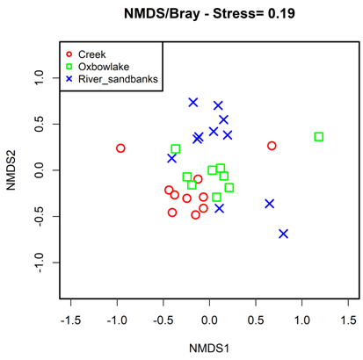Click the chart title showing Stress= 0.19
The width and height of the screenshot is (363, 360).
coord(209,13)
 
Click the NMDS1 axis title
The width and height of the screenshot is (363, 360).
coord(209,349)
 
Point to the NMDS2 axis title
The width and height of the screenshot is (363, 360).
coord(11,170)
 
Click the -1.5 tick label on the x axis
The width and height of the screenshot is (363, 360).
coord(70,320)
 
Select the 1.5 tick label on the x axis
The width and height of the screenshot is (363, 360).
coord(348,320)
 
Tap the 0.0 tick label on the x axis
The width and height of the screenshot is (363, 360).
coord(209,320)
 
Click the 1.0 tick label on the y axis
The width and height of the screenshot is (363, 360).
coord(39,77)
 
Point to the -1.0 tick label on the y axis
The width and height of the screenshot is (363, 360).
coord(39,263)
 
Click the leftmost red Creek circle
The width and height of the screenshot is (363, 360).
coord(120,148)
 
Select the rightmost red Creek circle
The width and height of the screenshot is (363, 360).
coord(272,146)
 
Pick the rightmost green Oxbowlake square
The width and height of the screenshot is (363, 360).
coord(319,137)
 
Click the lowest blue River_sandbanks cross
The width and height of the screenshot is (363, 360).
coord(283,234)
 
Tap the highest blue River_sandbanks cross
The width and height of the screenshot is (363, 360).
coord(193,103)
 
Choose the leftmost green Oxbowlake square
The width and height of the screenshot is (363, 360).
coord(175,149)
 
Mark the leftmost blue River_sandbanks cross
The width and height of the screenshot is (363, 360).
coord(171,158)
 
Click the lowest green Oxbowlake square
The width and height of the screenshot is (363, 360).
coord(216,198)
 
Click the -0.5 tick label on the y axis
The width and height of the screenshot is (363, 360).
coord(39,216)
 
